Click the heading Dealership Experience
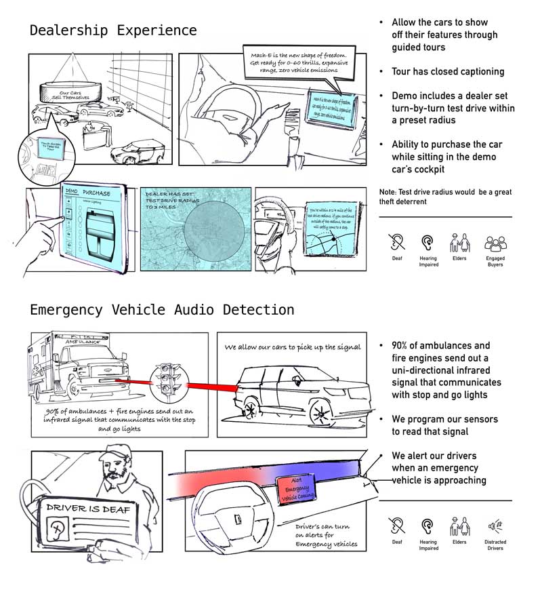pyautogui.click(x=113, y=31)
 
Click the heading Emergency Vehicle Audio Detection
pyautogui.click(x=162, y=310)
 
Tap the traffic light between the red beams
pyautogui.click(x=165, y=378)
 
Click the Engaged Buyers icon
pyautogui.click(x=495, y=243)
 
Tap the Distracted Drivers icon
pyautogui.click(x=495, y=526)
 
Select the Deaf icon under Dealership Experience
pyautogui.click(x=397, y=243)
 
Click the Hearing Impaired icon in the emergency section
pyautogui.click(x=428, y=526)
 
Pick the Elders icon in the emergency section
pyautogui.click(x=459, y=526)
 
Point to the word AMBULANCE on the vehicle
pyautogui.click(x=81, y=342)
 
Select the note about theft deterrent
pyautogui.click(x=445, y=197)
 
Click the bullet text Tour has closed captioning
pyautogui.click(x=448, y=71)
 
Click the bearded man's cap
pyautogui.click(x=114, y=454)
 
